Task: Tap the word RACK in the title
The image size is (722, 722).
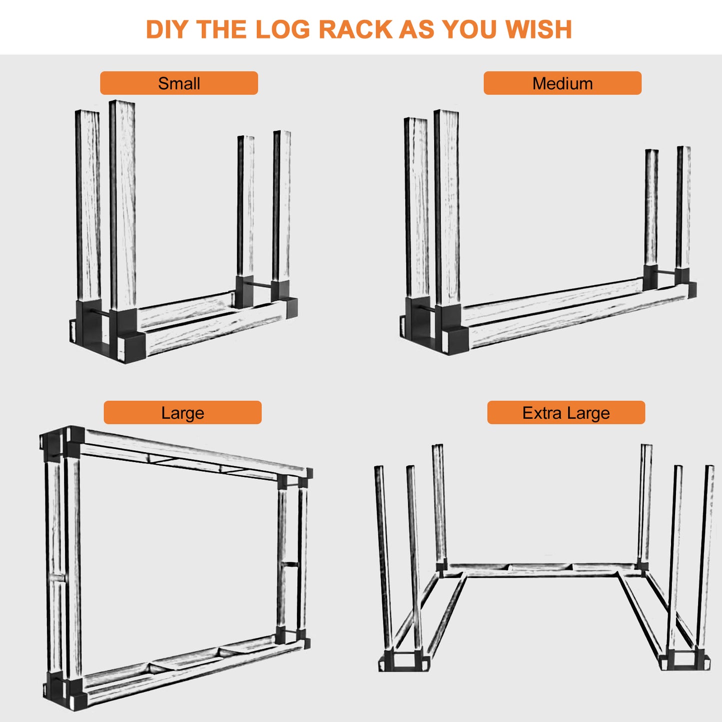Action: (354, 29)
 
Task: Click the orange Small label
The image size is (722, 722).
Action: (179, 83)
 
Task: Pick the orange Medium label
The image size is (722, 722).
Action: (563, 83)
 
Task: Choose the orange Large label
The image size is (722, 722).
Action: (182, 413)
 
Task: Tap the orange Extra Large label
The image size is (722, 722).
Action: (566, 413)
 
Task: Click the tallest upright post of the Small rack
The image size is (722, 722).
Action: (122, 205)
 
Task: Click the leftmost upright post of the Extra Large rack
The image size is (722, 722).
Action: (383, 558)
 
